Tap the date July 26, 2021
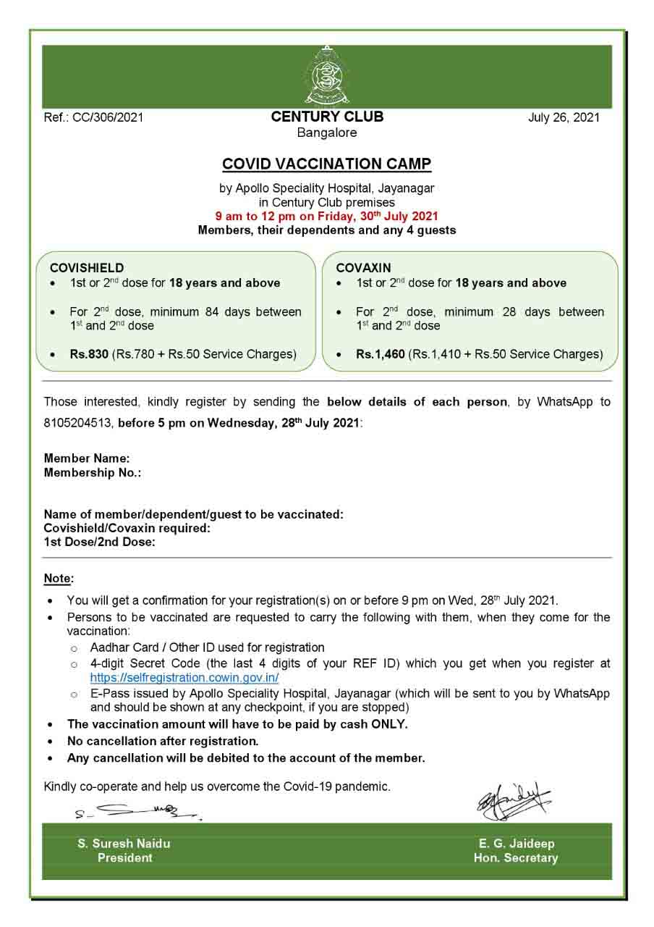click(x=564, y=117)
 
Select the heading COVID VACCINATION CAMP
click(x=327, y=164)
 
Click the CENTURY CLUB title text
click(x=327, y=117)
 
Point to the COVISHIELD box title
click(x=87, y=268)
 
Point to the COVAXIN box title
click(x=363, y=268)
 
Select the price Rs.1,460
click(x=380, y=354)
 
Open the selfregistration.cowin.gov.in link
click(x=184, y=678)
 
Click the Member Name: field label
click(x=87, y=458)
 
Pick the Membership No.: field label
click(x=93, y=473)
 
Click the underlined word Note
click(x=58, y=579)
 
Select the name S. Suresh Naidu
click(x=124, y=844)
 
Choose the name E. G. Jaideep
click(x=517, y=844)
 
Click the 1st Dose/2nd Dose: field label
click(x=100, y=542)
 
